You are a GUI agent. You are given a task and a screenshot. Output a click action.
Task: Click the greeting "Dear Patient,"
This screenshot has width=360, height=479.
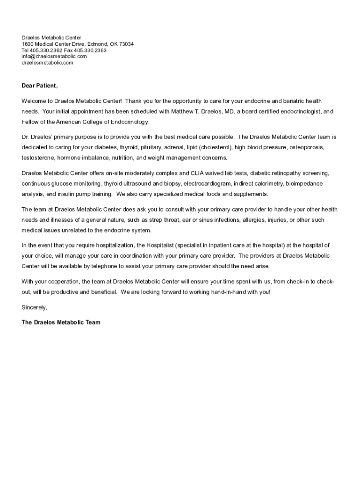click(40, 86)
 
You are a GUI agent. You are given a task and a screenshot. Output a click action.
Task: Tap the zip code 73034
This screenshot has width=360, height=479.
click(126, 44)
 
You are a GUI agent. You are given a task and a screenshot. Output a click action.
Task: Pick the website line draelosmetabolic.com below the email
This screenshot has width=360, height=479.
click(47, 62)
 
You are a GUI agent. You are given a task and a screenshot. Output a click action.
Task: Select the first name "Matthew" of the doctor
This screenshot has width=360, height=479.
click(184, 112)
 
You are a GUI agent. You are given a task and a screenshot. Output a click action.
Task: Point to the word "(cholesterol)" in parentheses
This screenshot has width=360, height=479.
click(216, 147)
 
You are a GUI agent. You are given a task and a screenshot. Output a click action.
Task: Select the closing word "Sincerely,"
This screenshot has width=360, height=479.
click(35, 307)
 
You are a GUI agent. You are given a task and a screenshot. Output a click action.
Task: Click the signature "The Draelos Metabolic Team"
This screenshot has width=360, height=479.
click(61, 322)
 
